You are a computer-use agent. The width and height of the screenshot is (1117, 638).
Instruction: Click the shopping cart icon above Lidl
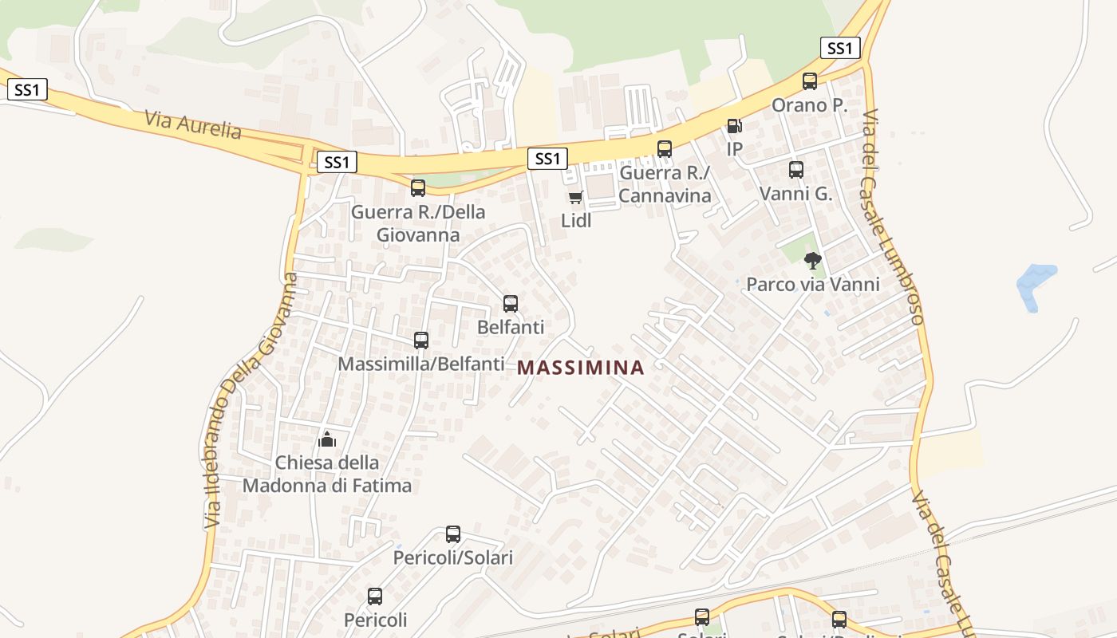[x=575, y=197]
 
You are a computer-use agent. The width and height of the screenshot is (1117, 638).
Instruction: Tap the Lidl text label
[x=576, y=221]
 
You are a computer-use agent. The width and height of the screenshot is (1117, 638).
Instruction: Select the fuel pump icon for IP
[x=734, y=125]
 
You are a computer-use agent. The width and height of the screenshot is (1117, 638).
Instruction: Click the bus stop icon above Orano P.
[x=810, y=81]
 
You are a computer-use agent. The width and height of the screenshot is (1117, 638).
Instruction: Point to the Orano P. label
[x=809, y=105]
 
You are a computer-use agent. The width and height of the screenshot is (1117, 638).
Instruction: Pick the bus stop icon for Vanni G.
[x=796, y=169]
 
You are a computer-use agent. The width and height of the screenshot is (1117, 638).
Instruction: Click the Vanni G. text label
[x=795, y=194]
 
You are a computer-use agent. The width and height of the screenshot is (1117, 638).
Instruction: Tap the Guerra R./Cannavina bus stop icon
[x=665, y=148]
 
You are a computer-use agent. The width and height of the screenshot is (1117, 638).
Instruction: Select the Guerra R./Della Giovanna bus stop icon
[x=418, y=188]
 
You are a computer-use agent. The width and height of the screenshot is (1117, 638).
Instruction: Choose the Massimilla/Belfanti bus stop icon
[x=421, y=341]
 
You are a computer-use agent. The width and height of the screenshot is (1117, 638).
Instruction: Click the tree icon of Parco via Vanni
[x=812, y=260]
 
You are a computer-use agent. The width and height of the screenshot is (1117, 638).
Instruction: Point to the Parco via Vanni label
[x=812, y=285]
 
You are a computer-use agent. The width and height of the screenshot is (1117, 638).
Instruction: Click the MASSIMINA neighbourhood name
[x=581, y=368]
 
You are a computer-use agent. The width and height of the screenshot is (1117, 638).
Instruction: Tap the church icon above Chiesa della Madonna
[x=327, y=439]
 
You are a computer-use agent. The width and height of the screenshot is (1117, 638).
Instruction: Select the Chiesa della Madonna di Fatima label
[x=327, y=474]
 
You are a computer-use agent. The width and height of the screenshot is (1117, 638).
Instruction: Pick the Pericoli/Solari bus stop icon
[x=453, y=534]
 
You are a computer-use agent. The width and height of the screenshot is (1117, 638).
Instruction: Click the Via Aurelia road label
[x=193, y=124]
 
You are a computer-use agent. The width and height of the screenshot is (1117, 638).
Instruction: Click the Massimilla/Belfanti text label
[x=421, y=364]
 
